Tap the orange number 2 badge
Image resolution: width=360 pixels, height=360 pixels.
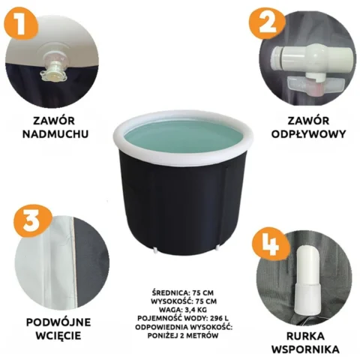(268, 24)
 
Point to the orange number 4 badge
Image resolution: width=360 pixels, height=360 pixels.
(271, 244)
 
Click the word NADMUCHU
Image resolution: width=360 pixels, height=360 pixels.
(55, 133)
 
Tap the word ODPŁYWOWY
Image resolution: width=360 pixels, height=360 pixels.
(308, 134)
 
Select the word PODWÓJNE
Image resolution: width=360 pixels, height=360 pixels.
(58, 322)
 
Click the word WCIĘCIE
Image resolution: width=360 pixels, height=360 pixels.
(58, 335)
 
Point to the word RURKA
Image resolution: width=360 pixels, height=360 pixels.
(305, 336)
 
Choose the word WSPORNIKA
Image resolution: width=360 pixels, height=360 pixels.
(305, 349)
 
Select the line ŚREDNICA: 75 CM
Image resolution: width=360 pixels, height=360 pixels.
(183, 292)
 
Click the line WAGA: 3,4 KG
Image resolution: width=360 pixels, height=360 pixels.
(184, 310)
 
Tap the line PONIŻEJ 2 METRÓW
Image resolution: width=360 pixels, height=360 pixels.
(183, 335)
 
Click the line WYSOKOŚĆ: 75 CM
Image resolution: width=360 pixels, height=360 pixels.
(184, 301)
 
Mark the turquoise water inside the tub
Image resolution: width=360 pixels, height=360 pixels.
(182, 138)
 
